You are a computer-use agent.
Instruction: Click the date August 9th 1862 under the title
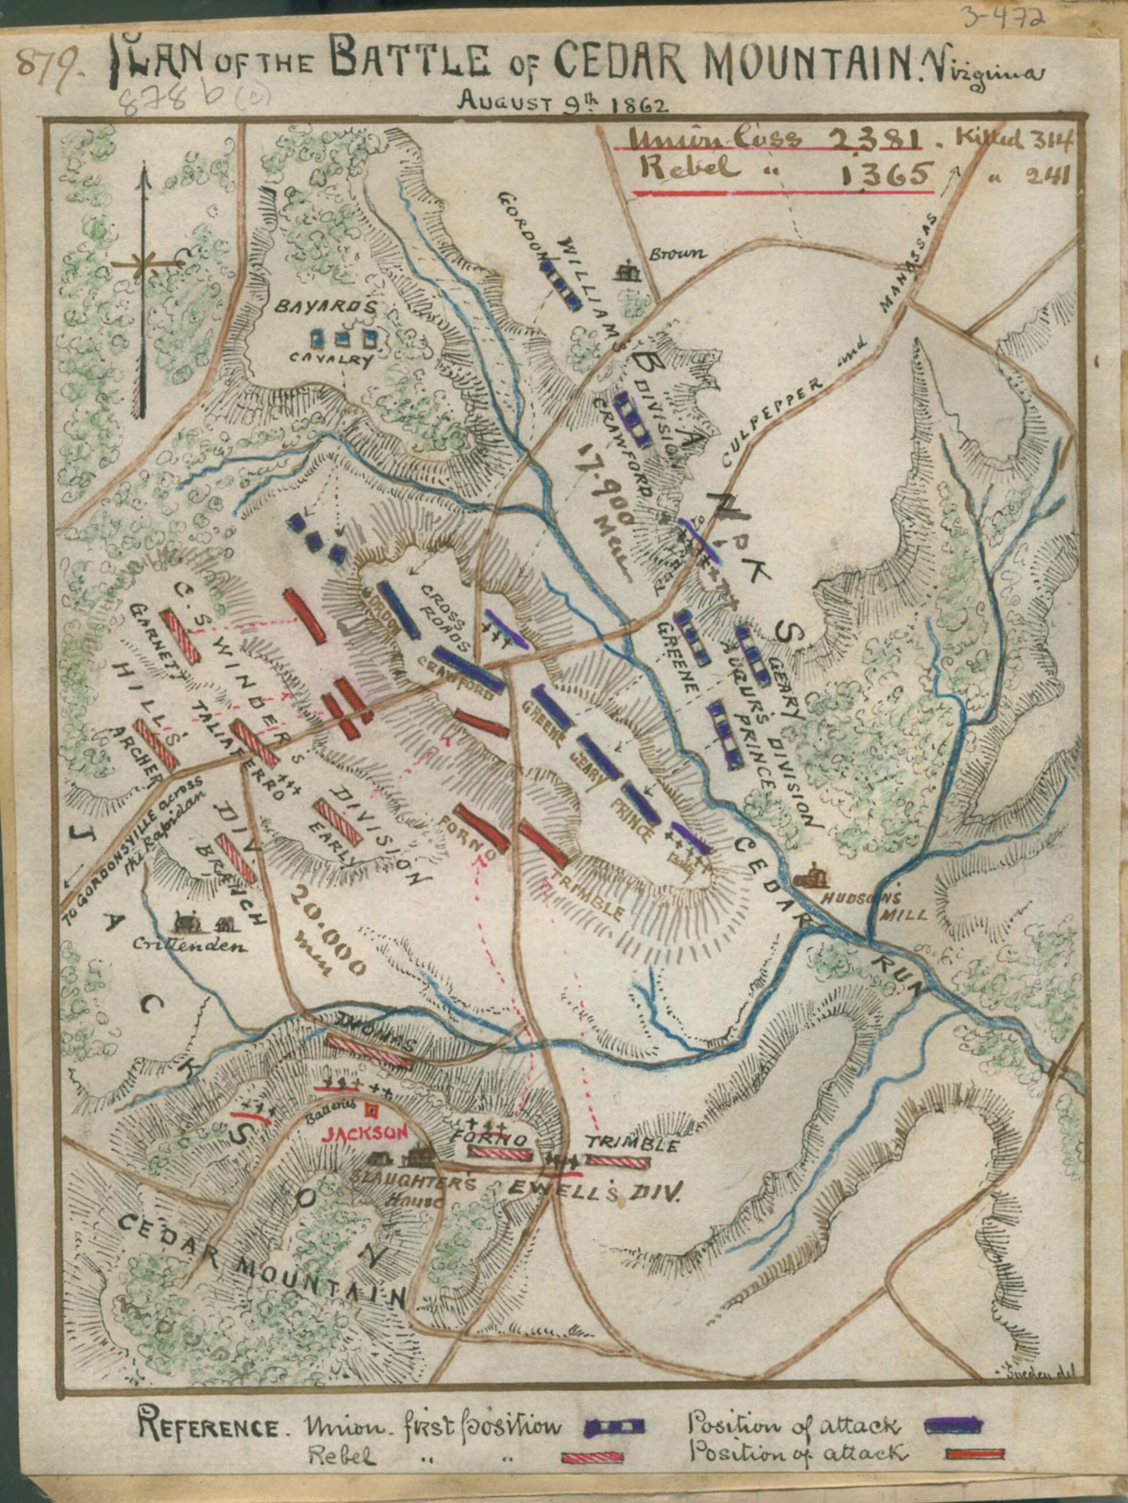[x=563, y=102]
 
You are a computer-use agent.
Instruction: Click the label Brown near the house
[x=676, y=255]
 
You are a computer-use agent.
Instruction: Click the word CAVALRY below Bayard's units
[x=331, y=360]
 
